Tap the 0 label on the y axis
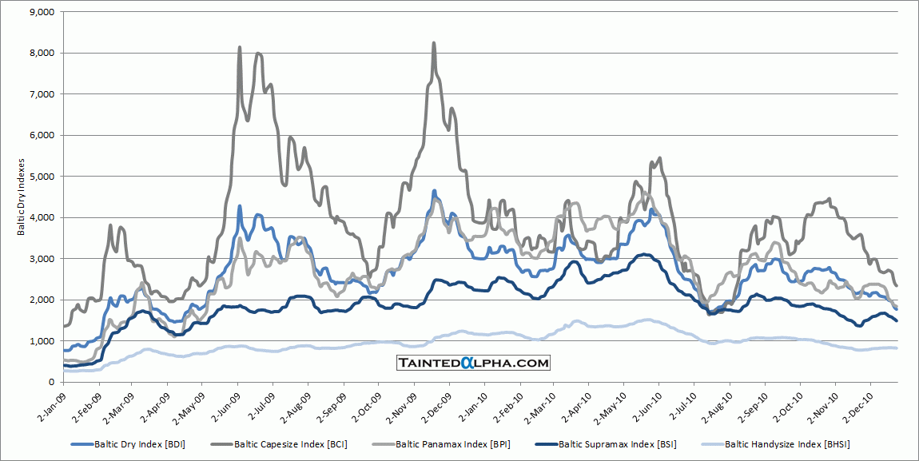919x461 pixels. pyautogui.click(x=50, y=382)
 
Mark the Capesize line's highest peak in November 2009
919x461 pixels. pyautogui.click(x=434, y=43)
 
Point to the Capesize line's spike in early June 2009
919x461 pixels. pyautogui.click(x=240, y=48)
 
